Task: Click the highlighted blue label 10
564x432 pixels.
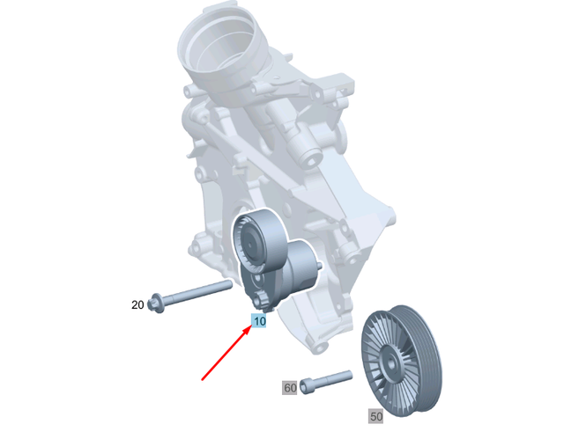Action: [x=259, y=321]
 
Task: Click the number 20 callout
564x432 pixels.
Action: [x=137, y=305]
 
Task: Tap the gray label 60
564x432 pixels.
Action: [x=290, y=387]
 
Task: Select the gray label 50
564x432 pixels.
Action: [x=376, y=415]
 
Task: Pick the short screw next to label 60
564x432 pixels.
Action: [x=326, y=383]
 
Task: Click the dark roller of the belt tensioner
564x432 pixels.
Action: [x=252, y=241]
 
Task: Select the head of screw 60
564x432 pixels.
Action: [x=308, y=385]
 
